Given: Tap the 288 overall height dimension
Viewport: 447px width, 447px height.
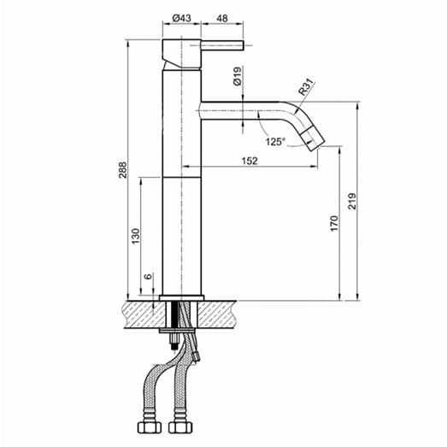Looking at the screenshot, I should [x=122, y=171].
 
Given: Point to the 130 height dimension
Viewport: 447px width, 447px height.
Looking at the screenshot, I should [x=136, y=236].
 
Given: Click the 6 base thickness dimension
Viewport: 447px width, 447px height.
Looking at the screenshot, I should [x=148, y=277].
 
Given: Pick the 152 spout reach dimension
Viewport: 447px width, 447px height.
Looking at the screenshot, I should [x=249, y=160].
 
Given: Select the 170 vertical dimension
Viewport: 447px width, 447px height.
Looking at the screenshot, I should [x=335, y=224].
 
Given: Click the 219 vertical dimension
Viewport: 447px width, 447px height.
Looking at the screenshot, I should [x=351, y=202].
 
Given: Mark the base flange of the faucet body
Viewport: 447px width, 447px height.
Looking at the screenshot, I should [x=180, y=297].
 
